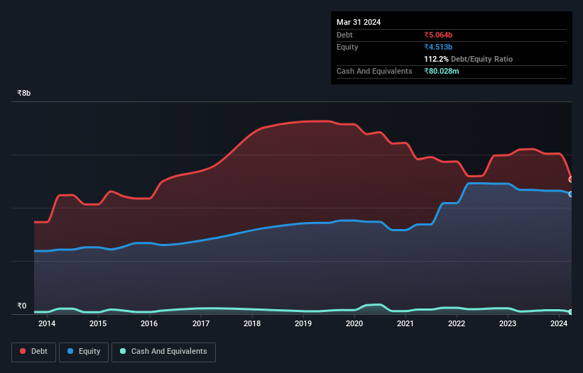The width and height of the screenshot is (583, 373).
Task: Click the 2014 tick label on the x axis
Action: click(47, 324)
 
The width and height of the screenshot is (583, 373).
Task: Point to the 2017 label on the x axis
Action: click(201, 324)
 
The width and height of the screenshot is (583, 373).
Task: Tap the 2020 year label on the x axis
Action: click(354, 324)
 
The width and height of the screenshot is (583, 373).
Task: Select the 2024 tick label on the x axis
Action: click(559, 324)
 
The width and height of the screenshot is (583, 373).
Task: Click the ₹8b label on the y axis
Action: click(24, 94)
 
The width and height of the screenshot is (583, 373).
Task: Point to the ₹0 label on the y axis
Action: click(21, 306)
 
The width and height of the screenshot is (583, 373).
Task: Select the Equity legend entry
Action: click(84, 352)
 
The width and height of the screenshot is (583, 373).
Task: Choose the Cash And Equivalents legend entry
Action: click(163, 352)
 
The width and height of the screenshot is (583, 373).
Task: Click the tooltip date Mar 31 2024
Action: click(359, 22)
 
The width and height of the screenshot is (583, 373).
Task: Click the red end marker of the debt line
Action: click(571, 179)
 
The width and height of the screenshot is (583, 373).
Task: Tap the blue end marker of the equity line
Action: click(571, 194)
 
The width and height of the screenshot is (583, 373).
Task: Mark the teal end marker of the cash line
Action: click(571, 312)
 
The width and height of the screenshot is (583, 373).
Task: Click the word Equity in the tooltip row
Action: click(347, 47)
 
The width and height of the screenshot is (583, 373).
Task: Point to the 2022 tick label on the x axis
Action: click(457, 324)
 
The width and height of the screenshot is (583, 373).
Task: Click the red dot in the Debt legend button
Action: click(23, 352)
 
